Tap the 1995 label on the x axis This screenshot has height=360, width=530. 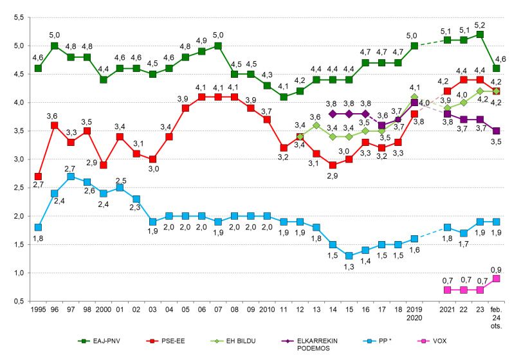[38, 310]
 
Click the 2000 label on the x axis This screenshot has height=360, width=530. [103, 310]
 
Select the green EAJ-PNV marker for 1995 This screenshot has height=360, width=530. [39, 68]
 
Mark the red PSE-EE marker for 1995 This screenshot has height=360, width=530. [39, 176]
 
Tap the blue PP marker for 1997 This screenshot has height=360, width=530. [70, 176]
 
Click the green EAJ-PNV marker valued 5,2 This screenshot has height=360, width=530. [480, 34]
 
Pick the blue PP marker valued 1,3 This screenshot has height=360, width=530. [349, 255]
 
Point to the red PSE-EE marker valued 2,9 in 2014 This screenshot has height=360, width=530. [333, 165]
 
